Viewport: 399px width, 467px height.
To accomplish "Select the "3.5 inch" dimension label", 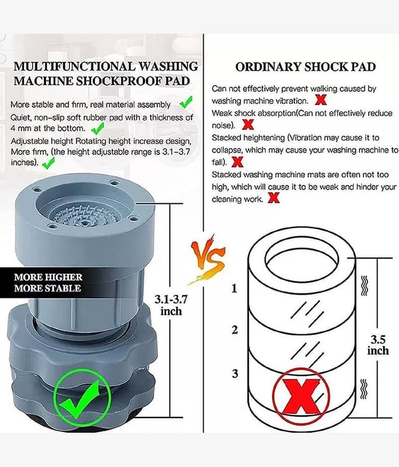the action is pos(378,345).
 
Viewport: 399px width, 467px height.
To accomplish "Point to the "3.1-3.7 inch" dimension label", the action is pos(171,305).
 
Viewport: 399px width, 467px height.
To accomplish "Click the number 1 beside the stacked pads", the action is pos(234,288).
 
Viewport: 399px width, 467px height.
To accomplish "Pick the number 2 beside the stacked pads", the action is pos(235,330).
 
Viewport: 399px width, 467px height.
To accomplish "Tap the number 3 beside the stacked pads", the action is pos(235,373).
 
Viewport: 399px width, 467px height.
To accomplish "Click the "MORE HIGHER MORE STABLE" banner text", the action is pos(48,283).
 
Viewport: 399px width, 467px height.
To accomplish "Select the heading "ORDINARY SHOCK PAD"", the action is pos(306,67).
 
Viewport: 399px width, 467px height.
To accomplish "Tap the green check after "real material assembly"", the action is pos(186,102).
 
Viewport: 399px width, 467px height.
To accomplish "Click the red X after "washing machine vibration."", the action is pos(321,100).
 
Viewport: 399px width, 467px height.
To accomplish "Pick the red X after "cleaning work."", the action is pos(273,198).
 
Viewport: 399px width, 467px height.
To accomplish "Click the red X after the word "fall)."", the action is pos(237,162).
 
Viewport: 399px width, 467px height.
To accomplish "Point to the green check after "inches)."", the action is pos(48,163).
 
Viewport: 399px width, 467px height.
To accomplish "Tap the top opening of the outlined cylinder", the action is pos(301,257).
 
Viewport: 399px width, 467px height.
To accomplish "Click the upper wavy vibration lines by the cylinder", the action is pos(364,285).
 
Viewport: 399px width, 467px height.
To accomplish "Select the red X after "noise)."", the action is pos(248,124).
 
